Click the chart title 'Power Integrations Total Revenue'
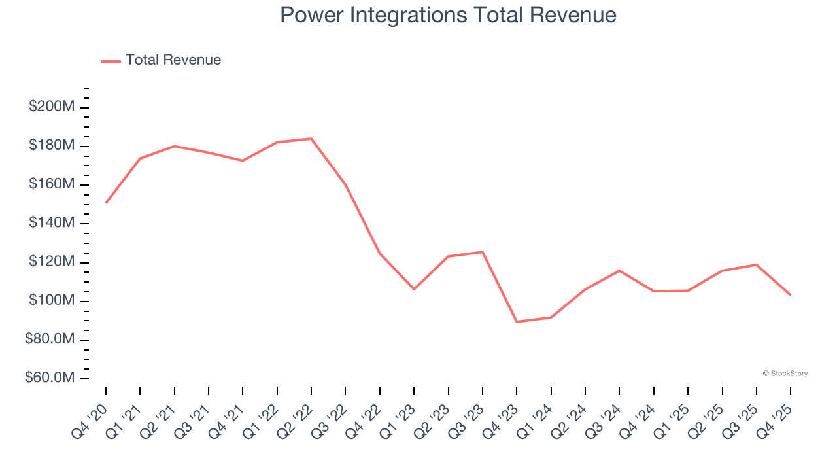click(448, 14)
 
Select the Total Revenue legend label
click(173, 60)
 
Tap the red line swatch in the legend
click(111, 61)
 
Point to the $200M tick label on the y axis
click(52, 107)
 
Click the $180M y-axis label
click(52, 145)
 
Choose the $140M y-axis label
click(52, 223)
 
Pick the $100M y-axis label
click(52, 301)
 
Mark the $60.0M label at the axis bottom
click(50, 378)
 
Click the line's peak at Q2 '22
click(311, 139)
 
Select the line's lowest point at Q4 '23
click(517, 321)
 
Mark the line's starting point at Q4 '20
click(106, 203)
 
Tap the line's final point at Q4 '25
click(790, 294)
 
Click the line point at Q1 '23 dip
click(414, 288)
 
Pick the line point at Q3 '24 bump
click(619, 270)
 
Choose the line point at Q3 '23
click(483, 252)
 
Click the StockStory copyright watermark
click(785, 374)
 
